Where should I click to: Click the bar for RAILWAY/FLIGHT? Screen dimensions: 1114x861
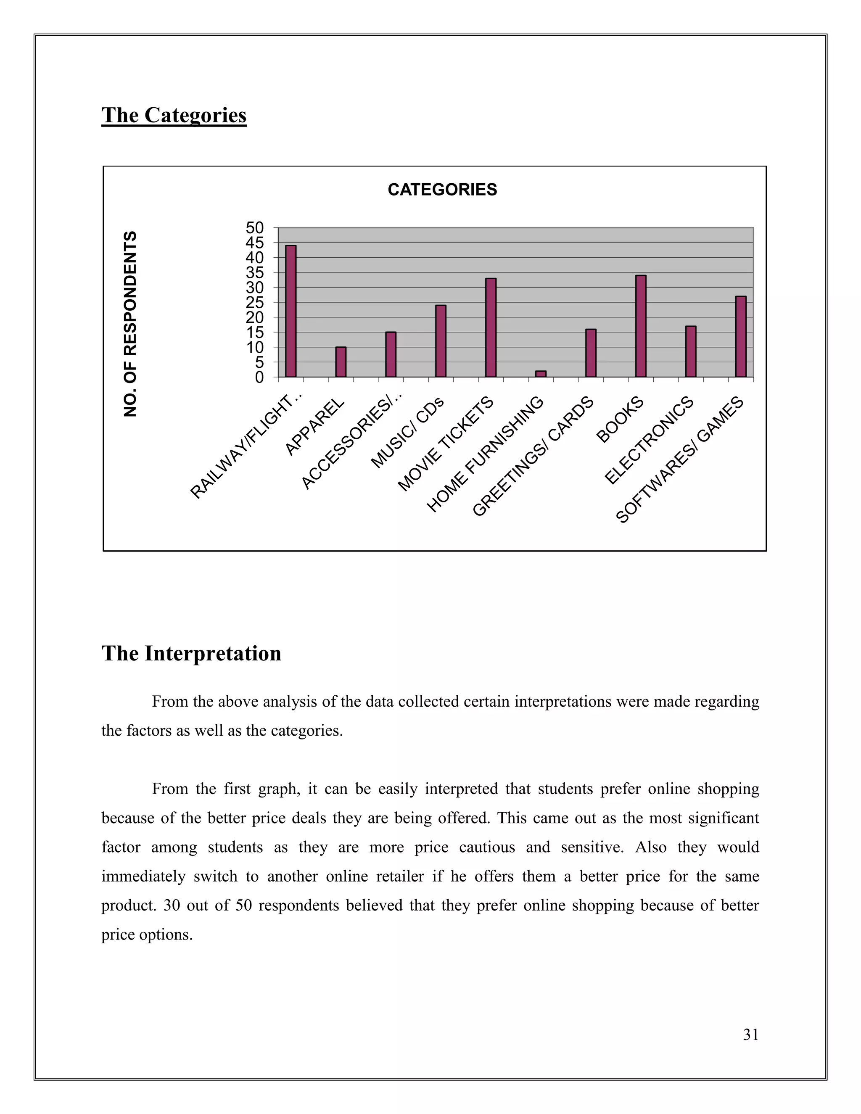291,311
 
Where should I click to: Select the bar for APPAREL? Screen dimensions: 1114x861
341,362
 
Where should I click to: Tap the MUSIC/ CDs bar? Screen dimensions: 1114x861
441,341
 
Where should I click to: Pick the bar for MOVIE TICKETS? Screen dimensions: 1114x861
491,327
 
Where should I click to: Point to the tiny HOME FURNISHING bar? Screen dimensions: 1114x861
541,374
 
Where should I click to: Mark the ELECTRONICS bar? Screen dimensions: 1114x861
691,351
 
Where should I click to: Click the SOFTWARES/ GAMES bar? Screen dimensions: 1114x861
741,337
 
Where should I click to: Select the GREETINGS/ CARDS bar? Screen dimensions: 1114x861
591,353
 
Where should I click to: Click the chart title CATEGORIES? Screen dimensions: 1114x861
442,190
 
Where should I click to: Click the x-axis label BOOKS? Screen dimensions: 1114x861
620,420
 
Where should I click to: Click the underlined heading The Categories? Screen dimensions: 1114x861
174,115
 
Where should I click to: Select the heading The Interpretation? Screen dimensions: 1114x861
191,653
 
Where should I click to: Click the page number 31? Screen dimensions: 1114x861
751,1035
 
